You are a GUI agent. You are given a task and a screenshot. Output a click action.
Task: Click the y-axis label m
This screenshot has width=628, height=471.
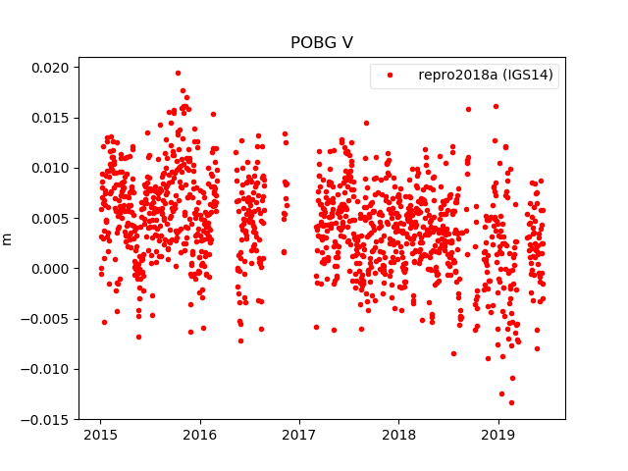[x=8, y=238]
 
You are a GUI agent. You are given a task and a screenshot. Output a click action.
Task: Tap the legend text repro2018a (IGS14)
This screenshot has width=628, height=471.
[x=486, y=76]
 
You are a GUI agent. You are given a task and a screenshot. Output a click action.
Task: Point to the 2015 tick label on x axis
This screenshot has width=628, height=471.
[x=100, y=435]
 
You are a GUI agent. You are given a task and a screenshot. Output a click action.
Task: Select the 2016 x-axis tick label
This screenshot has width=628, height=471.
[x=200, y=435]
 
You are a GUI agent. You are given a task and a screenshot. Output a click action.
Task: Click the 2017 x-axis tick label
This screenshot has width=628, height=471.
[x=299, y=435]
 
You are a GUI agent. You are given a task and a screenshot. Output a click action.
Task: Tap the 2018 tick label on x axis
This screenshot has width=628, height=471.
[x=398, y=435]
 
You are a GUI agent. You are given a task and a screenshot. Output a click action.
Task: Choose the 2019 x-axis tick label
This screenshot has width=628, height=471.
[x=497, y=435]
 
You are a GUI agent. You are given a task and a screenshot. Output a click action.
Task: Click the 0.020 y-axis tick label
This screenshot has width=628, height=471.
[x=49, y=68]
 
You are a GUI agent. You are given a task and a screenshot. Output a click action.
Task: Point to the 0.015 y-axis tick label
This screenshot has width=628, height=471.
[x=49, y=118]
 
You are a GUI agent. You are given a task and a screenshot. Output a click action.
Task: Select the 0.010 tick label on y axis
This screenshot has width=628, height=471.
[x=49, y=168]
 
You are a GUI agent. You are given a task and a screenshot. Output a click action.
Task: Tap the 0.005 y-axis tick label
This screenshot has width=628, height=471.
[x=49, y=218]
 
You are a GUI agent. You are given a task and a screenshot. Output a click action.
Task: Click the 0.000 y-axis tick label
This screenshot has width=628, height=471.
[x=49, y=269]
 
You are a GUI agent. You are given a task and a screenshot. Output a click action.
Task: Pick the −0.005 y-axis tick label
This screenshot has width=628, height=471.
[x=45, y=319]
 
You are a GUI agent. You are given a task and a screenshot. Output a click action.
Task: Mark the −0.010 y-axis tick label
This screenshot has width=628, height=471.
[x=45, y=369]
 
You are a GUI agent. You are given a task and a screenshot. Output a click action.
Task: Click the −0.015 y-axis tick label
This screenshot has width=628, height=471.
[x=45, y=419]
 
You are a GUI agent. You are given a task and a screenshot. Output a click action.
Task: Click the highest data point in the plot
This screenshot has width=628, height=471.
[x=178, y=73]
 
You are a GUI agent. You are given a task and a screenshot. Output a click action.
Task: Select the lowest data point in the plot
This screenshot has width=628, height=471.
[x=511, y=402]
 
